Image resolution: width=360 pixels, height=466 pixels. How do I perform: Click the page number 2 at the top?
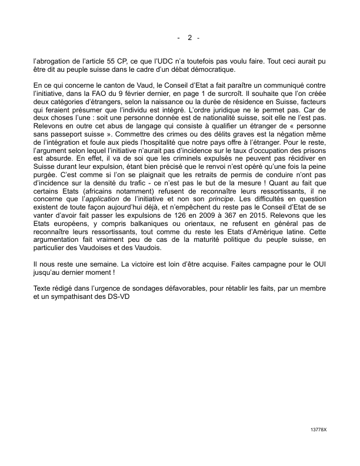[x=190, y=38]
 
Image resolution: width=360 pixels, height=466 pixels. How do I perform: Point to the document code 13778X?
[x=318, y=430]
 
